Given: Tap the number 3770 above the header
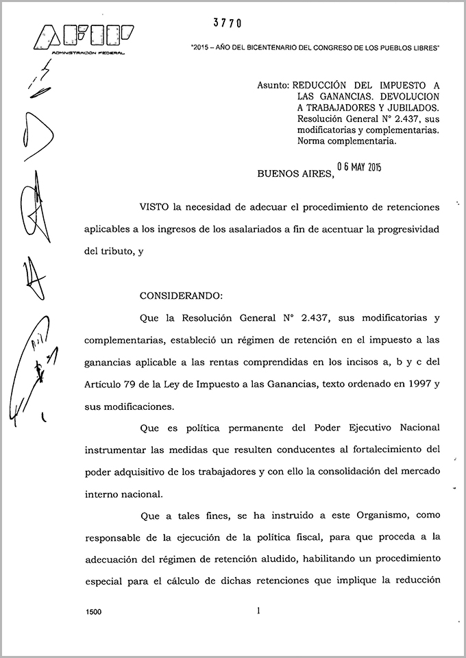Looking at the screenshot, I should pyautogui.click(x=227, y=23).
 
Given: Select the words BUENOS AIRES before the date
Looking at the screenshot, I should pyautogui.click(x=295, y=174).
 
